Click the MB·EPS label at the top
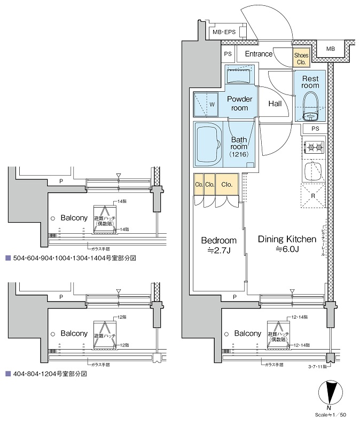[x=224, y=33]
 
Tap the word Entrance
[x=259, y=54]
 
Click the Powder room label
[x=240, y=104]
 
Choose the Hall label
[x=275, y=104]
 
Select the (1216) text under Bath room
[x=239, y=154]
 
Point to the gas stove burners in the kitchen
[x=313, y=147]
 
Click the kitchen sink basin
[x=312, y=171]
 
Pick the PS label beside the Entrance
[x=228, y=54]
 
